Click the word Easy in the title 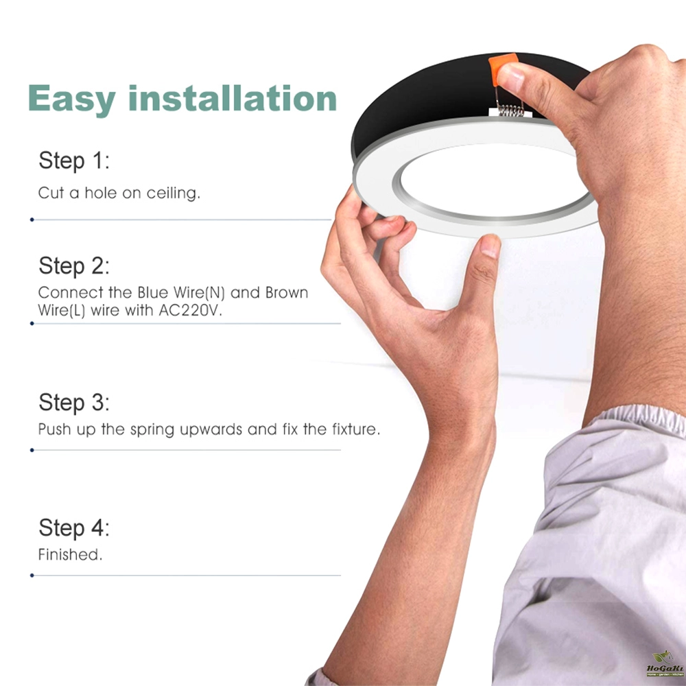coord(71,99)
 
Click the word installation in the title coord(233,97)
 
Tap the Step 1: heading coord(74,161)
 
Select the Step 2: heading coord(74,266)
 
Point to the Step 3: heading coord(74,403)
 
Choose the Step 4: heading coord(74,528)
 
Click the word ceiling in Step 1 coord(174,193)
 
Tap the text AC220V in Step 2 coord(190,310)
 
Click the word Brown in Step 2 coord(287,292)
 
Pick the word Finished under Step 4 coord(70,554)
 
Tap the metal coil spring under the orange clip coord(510,109)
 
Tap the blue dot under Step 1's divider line coord(32,220)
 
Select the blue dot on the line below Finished coord(32,576)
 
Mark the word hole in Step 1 coord(101,193)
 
